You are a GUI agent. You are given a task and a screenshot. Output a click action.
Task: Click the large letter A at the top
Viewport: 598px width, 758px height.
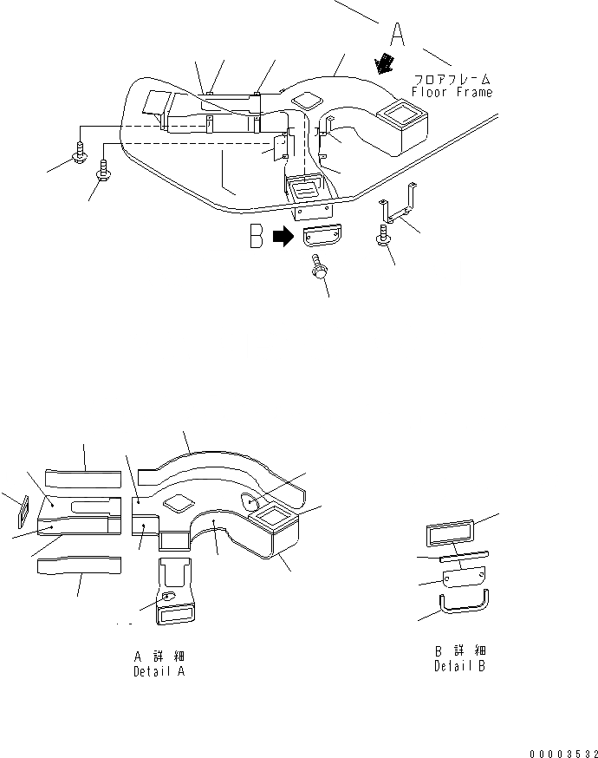click(397, 36)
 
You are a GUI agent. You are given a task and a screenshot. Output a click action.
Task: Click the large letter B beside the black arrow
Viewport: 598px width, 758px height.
click(257, 236)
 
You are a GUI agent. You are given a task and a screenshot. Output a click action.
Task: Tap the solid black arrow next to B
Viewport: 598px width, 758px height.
click(283, 237)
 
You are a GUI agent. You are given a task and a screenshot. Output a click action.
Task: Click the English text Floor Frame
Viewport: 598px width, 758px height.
click(452, 92)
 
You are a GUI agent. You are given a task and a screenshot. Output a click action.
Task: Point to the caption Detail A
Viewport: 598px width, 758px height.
click(159, 671)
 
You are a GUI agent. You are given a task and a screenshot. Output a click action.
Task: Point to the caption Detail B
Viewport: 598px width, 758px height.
click(459, 666)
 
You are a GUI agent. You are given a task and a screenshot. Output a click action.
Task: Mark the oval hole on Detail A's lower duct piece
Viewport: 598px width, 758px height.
click(169, 595)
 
